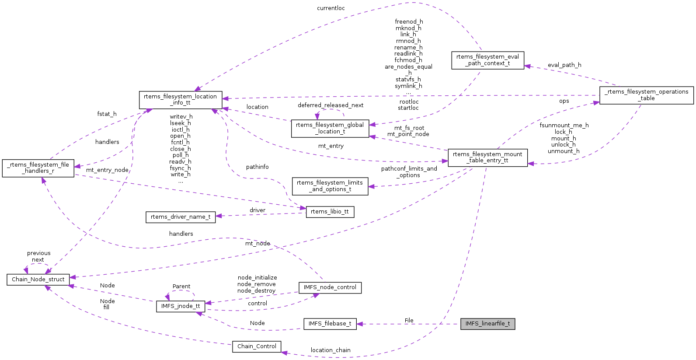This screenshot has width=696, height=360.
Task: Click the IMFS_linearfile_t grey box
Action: click(487, 324)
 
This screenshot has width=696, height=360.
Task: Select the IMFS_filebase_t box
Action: click(330, 324)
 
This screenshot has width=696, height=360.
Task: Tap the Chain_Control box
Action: click(257, 346)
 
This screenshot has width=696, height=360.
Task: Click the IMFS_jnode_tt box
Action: click(181, 306)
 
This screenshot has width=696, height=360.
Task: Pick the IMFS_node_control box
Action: click(330, 287)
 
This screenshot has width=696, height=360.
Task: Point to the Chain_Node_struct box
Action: click(38, 280)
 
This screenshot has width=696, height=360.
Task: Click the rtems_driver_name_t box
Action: click(181, 217)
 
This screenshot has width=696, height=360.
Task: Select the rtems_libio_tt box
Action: click(330, 212)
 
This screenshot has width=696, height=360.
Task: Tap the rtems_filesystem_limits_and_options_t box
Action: click(330, 186)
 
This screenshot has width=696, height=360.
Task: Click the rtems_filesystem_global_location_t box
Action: click(330, 128)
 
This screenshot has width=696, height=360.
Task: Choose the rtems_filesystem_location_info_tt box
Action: click(181, 100)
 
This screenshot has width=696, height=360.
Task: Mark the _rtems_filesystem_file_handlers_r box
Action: click(38, 168)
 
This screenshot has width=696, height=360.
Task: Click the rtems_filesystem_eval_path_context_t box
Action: click(487, 60)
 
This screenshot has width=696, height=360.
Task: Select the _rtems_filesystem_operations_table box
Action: click(646, 95)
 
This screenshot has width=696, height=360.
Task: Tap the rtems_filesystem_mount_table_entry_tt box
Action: click(487, 157)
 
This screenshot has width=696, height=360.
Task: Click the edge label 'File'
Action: click(409, 321)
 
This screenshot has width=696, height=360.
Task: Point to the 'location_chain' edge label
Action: click(331, 350)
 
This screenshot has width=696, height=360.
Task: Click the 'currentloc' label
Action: click(331, 8)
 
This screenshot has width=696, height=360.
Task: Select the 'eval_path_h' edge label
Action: click(564, 65)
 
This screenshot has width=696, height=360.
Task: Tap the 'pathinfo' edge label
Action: click(257, 167)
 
